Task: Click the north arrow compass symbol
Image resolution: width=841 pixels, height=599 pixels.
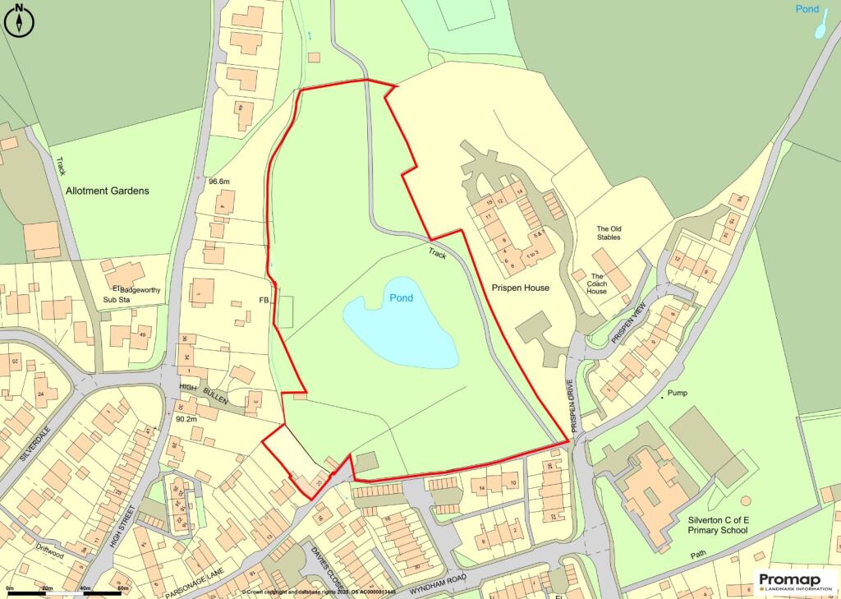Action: coord(18,21)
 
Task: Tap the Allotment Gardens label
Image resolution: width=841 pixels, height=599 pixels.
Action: coord(107,191)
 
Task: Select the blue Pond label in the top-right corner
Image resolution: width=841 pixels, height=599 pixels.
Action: coord(807,9)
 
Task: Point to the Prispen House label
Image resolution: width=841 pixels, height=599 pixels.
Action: coord(521,288)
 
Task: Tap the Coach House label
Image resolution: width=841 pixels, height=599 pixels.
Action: coord(597,284)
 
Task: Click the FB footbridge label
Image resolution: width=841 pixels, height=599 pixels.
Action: coord(264,301)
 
